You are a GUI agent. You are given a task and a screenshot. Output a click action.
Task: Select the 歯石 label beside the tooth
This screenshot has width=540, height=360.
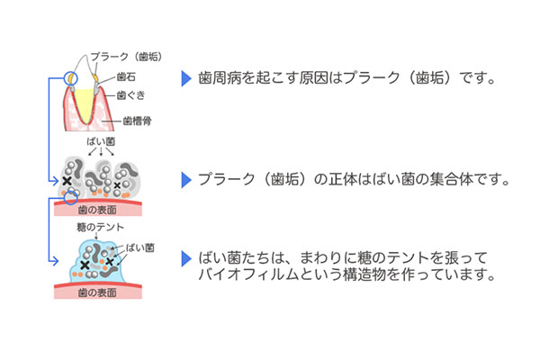coord(126,76)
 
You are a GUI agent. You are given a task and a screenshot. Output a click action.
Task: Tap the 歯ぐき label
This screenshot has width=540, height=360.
coord(129,94)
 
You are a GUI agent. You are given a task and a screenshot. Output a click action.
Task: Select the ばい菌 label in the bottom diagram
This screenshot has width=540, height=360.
coord(139,246)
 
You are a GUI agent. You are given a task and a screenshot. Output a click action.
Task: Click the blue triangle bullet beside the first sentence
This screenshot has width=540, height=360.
coord(186,78)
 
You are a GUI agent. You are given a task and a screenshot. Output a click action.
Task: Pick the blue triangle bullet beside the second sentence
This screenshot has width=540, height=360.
coord(186,179)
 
